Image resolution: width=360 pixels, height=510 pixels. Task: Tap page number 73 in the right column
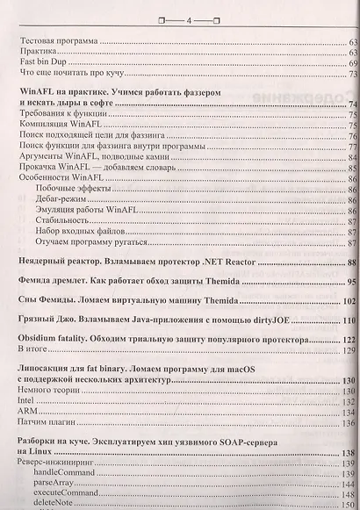point(351,74)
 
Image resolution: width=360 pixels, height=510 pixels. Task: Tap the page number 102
point(349,300)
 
